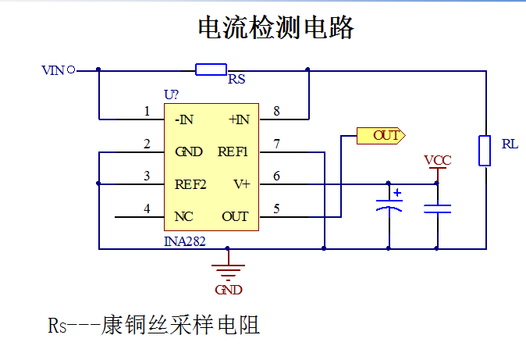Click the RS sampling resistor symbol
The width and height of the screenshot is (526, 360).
point(211,70)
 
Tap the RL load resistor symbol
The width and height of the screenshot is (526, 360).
point(485,151)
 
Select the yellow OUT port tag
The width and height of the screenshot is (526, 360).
point(381,136)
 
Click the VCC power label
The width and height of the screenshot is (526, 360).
point(438,160)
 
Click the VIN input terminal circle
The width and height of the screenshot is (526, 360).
point(71,70)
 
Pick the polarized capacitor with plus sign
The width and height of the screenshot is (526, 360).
point(389,205)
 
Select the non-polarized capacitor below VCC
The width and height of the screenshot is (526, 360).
point(438,209)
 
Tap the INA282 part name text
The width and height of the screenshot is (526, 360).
point(184,241)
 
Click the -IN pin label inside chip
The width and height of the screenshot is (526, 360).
point(184,119)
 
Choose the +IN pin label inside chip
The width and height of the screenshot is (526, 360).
point(239,119)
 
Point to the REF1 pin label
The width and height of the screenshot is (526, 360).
point(233,151)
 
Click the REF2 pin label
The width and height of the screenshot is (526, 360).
point(190,184)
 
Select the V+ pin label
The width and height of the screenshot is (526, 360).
point(241,184)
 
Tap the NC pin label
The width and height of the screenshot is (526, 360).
point(183,216)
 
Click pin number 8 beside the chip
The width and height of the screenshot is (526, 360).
point(276,111)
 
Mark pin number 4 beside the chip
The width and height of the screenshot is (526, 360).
point(147,209)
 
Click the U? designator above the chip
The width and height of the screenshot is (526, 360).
point(171,94)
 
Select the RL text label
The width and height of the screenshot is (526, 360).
point(510,144)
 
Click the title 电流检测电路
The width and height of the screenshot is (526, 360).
point(275,27)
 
